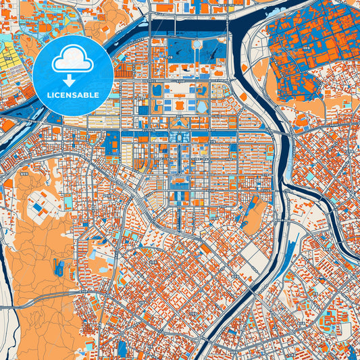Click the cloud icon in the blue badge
[72, 61]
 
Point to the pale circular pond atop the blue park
[196, 45]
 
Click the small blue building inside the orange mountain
[59, 268]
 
